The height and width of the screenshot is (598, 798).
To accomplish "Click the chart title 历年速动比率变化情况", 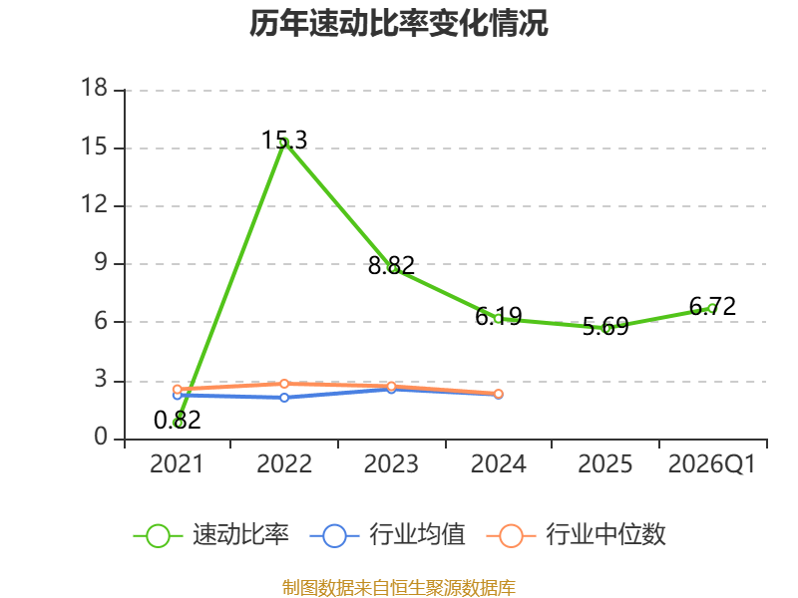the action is pos(398,23).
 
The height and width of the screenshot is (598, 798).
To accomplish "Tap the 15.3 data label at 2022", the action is pos(284,140).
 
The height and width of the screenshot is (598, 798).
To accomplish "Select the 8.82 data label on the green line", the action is pos(391,265).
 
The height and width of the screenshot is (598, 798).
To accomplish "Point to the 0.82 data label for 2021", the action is pos(178,420).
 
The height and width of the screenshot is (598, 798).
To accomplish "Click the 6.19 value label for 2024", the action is pos(499,316).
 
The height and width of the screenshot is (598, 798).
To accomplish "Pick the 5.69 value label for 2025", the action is pos(605,327).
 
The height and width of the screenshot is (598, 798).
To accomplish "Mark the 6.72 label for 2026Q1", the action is pos(712,306).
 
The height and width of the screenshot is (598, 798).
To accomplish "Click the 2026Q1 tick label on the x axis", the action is pos(712,464).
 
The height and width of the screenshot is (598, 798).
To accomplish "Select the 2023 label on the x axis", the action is pos(391,464).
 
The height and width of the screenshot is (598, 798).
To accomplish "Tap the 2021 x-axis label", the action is pos(177,464).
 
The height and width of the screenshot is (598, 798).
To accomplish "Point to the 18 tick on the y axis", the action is pos(95,88).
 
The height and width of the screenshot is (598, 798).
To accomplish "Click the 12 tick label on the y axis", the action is pos(95,204).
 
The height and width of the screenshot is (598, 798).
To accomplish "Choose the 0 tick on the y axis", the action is pos(101,437).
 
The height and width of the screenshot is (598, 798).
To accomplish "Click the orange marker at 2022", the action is pos(284,384).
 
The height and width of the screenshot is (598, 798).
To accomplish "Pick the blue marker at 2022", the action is pos(284,397).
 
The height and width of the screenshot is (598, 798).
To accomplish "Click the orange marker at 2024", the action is pos(499,394).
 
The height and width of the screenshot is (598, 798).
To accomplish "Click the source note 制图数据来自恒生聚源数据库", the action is pos(399,588).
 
